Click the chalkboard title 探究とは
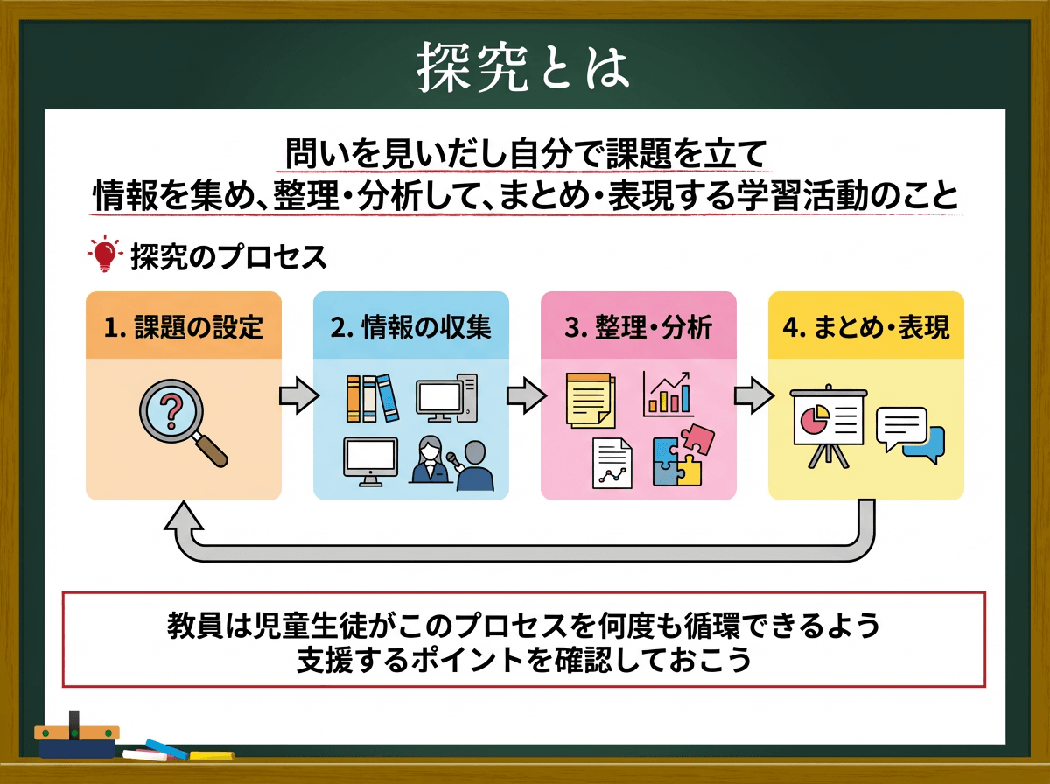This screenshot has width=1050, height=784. [522, 67]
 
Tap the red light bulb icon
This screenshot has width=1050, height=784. [105, 254]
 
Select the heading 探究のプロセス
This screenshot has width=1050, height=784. [228, 257]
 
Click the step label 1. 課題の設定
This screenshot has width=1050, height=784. [184, 327]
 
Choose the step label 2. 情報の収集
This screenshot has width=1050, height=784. [411, 327]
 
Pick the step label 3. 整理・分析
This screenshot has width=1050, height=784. [638, 327]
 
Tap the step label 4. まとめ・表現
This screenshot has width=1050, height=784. [866, 327]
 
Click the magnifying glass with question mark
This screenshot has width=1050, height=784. [183, 423]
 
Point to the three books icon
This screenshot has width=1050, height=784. [373, 398]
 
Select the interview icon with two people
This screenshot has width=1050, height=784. [451, 464]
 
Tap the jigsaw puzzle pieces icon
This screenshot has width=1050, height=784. [683, 455]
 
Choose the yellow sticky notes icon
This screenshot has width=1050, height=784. [591, 400]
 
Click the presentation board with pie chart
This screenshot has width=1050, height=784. [828, 426]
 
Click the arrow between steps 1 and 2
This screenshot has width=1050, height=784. [299, 395]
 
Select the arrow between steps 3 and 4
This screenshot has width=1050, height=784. [754, 395]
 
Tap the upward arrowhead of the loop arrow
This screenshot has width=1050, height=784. [184, 515]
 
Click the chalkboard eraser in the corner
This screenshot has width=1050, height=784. [76, 736]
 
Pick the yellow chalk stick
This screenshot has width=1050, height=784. [212, 755]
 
